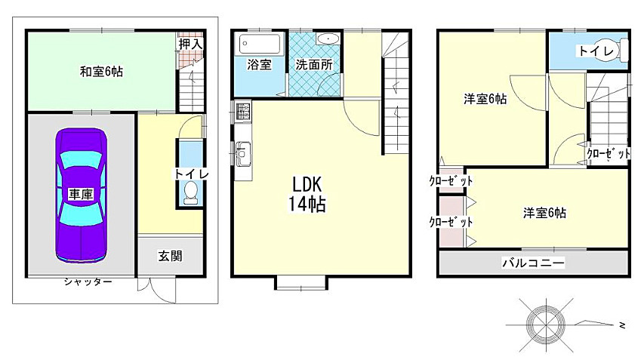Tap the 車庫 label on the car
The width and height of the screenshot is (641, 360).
[x=81, y=195]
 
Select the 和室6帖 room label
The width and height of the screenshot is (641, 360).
[x=102, y=72]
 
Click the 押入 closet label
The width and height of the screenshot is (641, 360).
[x=190, y=45]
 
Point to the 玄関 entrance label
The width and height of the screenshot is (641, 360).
[x=170, y=256]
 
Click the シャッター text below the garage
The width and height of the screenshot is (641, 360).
[x=88, y=282]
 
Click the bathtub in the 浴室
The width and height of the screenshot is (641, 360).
[x=258, y=42]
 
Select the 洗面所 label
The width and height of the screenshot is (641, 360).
[x=313, y=65]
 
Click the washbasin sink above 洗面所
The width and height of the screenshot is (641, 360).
[x=328, y=40]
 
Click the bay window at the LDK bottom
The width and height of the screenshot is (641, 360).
[x=301, y=283]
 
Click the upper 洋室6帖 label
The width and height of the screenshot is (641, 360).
[x=485, y=99]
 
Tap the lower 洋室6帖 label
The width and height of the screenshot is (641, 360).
[x=544, y=213]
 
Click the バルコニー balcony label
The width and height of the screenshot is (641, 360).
[x=534, y=263]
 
